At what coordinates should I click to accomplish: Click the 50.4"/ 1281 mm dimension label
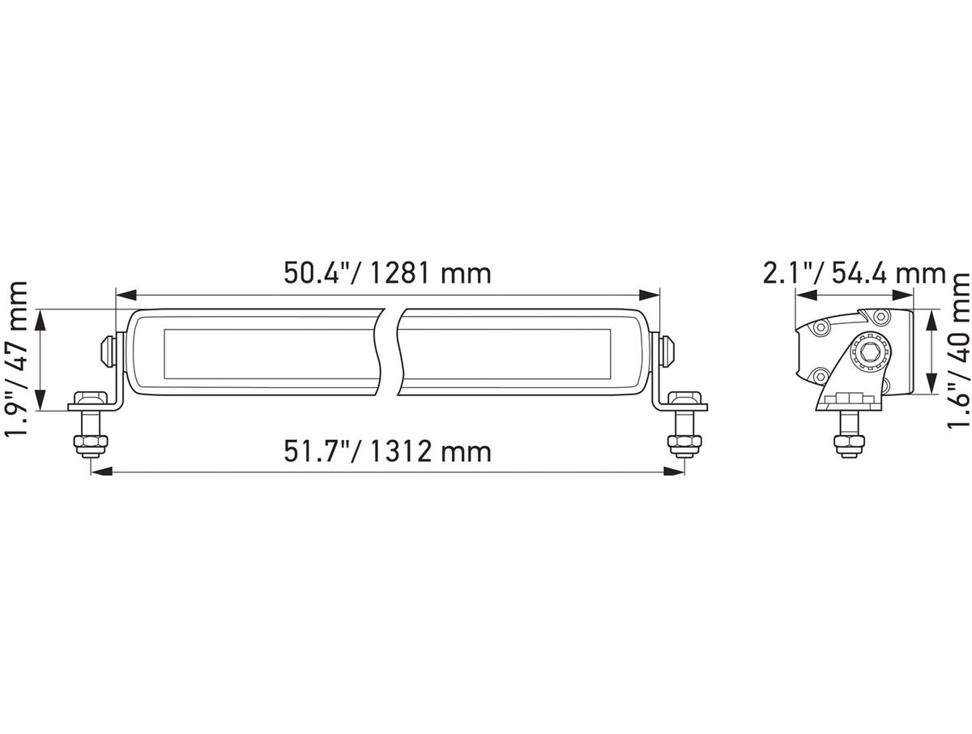click(387, 274)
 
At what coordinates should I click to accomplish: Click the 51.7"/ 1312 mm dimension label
click(387, 451)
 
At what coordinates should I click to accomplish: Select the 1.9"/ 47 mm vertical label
click(16, 359)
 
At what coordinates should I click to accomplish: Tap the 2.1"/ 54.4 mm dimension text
click(855, 274)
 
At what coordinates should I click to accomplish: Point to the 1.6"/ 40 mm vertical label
click(958, 351)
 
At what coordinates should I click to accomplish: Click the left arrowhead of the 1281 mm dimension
click(126, 295)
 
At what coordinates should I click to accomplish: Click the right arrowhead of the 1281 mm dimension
click(649, 295)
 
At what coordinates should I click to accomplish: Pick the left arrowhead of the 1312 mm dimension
click(101, 472)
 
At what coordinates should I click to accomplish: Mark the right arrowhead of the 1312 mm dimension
click(674, 472)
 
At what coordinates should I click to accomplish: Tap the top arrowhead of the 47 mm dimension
click(40, 321)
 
